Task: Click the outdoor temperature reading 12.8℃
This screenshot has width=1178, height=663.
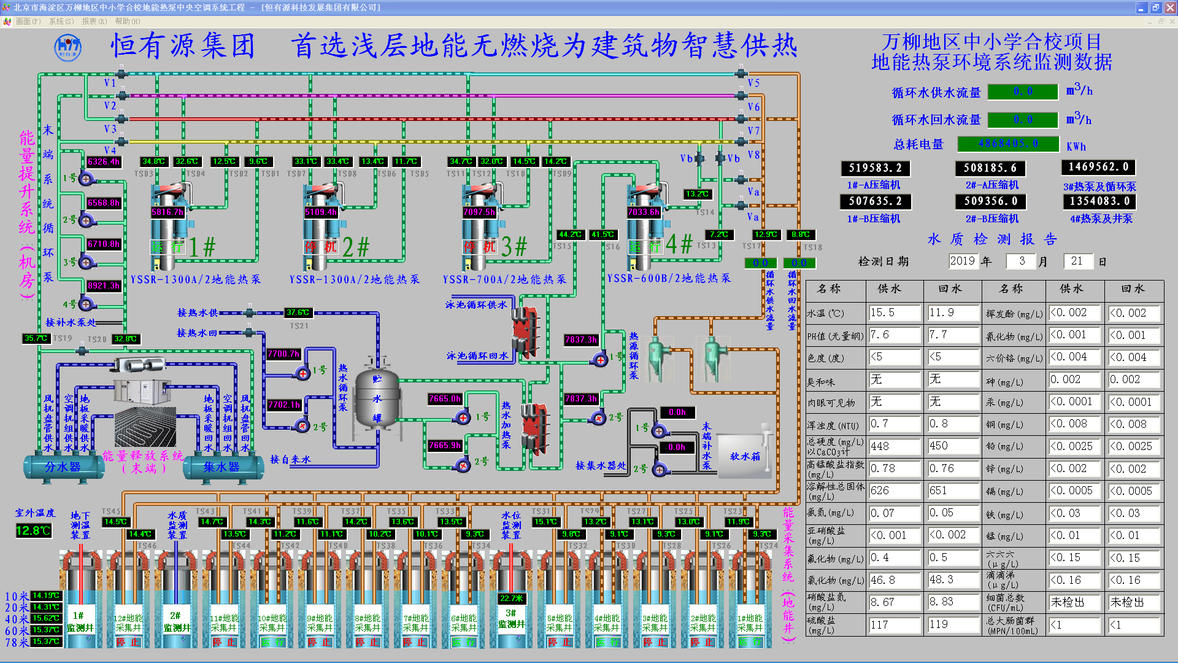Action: pos(33,530)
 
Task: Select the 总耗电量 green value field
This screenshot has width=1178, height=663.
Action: pos(1008,144)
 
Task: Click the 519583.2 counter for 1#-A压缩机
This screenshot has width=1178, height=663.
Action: pos(875,168)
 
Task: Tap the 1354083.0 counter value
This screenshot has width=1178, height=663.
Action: pos(1098,201)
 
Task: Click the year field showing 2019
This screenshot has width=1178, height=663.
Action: pos(962,261)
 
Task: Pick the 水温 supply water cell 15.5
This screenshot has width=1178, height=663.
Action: pos(894,312)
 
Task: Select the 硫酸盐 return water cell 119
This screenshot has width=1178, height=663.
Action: pos(953,624)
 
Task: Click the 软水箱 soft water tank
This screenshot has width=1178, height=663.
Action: pos(744,456)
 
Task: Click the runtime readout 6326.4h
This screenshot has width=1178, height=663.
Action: pos(104,162)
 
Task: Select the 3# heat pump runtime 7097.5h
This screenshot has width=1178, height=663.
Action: pos(479,212)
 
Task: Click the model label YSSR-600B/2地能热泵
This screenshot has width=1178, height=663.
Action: pos(669,278)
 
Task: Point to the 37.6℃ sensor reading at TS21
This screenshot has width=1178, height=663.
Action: pos(298,312)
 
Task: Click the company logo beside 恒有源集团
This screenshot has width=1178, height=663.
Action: pos(67,47)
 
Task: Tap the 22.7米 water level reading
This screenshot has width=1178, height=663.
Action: pos(511,598)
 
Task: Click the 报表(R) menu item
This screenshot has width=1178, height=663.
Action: pos(94,21)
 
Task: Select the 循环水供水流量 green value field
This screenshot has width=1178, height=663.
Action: pos(1023,91)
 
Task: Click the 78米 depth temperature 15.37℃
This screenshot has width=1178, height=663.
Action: pos(46,642)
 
